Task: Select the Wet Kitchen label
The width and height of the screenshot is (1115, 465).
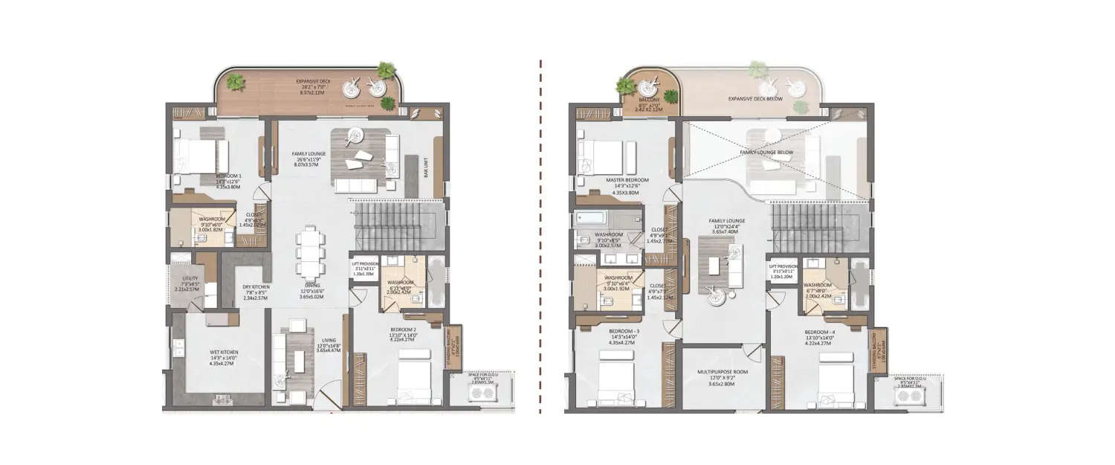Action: pos(201,354)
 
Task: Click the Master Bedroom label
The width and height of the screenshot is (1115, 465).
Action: pos(628,181)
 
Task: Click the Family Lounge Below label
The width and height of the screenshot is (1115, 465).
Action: pos(766,152)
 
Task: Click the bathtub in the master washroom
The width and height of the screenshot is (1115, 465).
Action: pos(591,219)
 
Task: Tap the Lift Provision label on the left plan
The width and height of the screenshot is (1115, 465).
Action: pos(366,263)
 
